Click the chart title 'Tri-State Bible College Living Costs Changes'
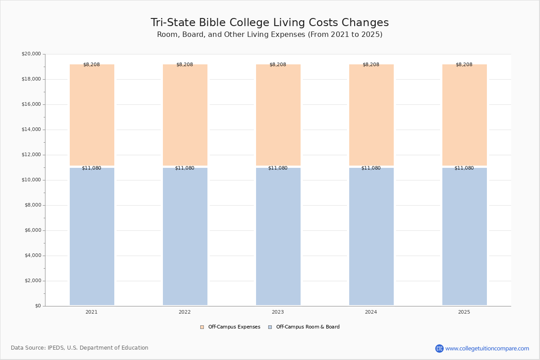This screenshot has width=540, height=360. [x=270, y=22]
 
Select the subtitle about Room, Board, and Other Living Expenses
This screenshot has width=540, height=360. [x=270, y=35]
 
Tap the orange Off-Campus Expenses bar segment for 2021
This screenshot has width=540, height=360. [x=92, y=115]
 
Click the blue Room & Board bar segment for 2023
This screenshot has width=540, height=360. [x=278, y=237]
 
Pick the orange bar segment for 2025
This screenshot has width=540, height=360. [x=464, y=115]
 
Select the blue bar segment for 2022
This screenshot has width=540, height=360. [x=185, y=237]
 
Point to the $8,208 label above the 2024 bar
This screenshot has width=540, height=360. [x=371, y=64]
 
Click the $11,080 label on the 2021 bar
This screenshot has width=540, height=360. [x=92, y=168]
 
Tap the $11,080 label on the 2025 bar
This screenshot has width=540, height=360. [x=464, y=168]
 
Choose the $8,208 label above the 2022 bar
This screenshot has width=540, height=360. [x=184, y=64]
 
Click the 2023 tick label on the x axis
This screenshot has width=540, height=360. [x=278, y=312]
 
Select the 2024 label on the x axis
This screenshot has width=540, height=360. [x=371, y=312]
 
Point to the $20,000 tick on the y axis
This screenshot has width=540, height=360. [x=31, y=54]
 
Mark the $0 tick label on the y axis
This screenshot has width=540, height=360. [x=38, y=306]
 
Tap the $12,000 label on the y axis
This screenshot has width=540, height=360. [x=31, y=154]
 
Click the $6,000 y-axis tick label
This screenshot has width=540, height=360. [x=33, y=230]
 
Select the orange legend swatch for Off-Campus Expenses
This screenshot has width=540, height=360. [x=202, y=327]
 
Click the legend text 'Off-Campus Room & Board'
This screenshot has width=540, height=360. [x=308, y=327]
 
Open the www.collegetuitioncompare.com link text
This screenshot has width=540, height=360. [x=487, y=348]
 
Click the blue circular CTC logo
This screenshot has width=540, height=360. [x=439, y=348]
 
